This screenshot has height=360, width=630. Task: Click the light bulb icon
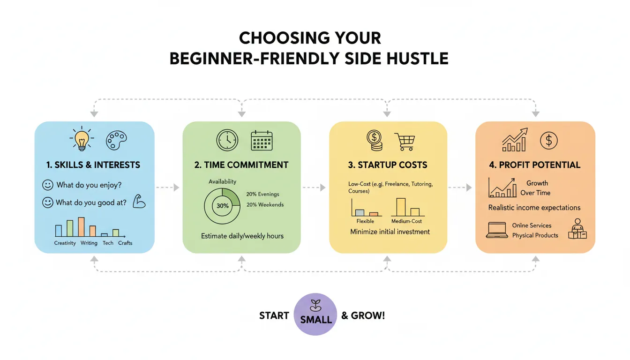[x=82, y=139]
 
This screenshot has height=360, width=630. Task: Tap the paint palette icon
[x=116, y=140]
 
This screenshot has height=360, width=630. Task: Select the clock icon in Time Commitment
[x=227, y=140]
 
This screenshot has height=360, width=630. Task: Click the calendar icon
[x=262, y=140]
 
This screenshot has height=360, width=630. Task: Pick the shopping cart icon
[x=405, y=142]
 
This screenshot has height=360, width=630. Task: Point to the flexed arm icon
[x=139, y=202]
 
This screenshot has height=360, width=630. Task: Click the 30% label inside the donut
[x=223, y=206]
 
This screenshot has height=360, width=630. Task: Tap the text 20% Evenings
[x=262, y=194]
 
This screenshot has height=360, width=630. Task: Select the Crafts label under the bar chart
[x=125, y=243]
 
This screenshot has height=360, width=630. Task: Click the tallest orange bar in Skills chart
[x=81, y=227]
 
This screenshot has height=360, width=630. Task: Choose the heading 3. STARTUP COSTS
[x=388, y=165]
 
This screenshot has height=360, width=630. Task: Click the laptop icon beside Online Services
[x=497, y=230]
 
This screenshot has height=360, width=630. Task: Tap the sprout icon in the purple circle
[x=315, y=306]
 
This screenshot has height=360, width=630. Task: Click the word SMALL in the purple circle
[x=316, y=320]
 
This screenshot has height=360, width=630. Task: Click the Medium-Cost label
[x=406, y=221]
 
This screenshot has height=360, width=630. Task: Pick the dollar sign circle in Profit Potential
[x=549, y=140]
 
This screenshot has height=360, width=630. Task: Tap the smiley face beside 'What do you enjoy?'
[x=47, y=185]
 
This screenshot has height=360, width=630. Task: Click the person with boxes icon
[x=577, y=229]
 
